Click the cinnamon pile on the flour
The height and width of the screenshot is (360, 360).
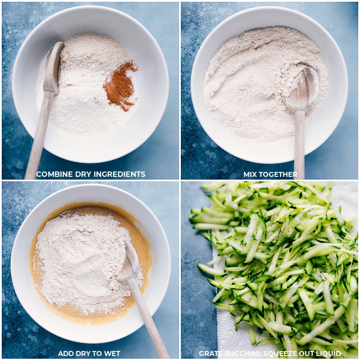(x=120, y=86)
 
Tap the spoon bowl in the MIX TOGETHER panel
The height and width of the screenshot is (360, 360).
(x=301, y=88)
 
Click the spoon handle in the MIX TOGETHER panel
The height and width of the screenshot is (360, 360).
(x=299, y=144)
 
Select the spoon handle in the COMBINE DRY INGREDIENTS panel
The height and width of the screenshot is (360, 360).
(x=40, y=135)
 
